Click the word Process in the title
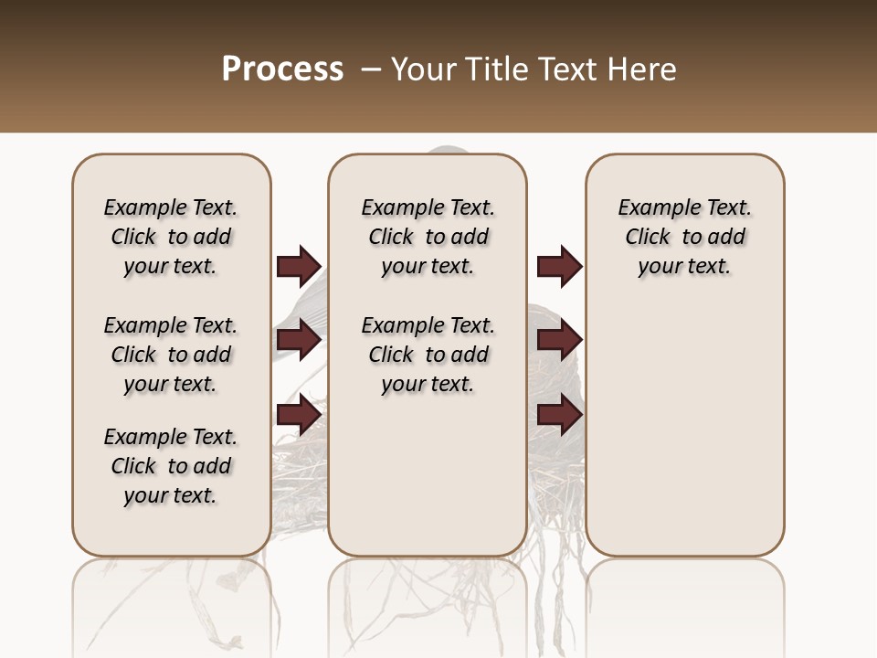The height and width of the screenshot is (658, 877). [282, 69]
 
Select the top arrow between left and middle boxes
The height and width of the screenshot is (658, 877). [298, 266]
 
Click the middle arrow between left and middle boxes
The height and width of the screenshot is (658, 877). [298, 340]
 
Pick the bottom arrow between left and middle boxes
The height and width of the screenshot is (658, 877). [298, 415]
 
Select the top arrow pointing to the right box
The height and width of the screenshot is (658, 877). [559, 266]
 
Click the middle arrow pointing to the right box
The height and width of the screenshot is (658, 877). [559, 340]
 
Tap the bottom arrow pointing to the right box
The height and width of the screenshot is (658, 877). [559, 415]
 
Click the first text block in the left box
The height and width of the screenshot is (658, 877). [171, 237]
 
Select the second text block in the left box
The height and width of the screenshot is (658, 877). [171, 355]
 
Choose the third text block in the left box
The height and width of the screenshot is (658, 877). [171, 466]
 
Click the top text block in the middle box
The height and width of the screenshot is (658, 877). [428, 237]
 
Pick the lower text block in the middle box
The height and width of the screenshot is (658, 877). [428, 355]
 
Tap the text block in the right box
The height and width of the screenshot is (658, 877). [685, 237]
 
